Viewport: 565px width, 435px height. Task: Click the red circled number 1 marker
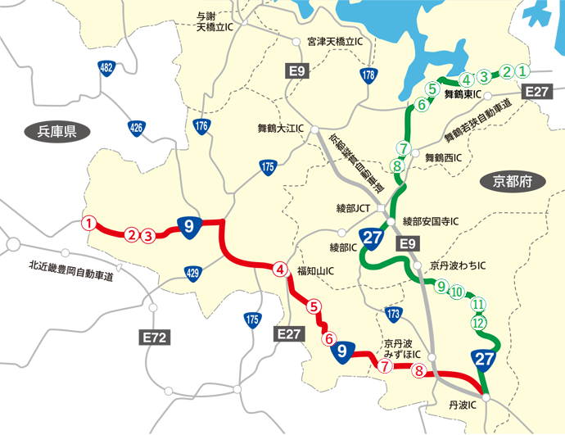point(89,222)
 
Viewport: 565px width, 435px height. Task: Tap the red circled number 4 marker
point(280,270)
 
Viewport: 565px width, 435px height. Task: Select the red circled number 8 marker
point(419,370)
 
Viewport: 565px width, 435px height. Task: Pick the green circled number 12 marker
point(478,322)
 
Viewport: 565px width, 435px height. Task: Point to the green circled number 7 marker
point(402,147)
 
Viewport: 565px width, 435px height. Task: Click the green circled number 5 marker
point(432,88)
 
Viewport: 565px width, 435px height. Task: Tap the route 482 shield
point(106,69)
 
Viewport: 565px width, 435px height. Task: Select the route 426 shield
point(136,127)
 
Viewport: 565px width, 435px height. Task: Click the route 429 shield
point(192,272)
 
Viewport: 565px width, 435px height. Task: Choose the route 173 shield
point(393,314)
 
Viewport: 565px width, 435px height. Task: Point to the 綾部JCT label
point(354,208)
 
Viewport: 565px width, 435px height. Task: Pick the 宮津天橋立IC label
point(334,41)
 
